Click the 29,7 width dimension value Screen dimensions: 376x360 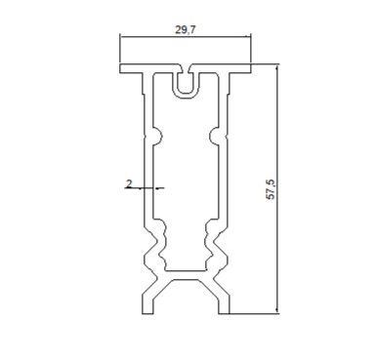[186, 29]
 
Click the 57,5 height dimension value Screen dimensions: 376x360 [272, 189]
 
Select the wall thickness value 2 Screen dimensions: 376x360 [129, 184]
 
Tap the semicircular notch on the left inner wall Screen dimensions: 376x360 [158, 136]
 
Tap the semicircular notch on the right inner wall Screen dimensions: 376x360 [213, 136]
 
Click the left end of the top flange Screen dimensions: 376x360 [120, 68]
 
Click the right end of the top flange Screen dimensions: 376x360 [251, 68]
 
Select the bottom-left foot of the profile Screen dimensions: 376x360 [147, 305]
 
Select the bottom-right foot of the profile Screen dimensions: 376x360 [224, 305]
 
